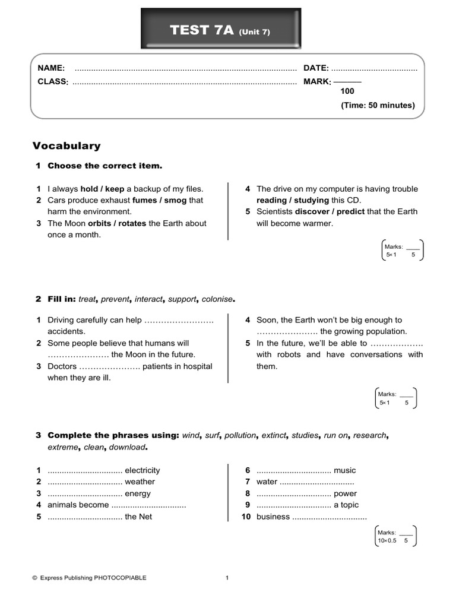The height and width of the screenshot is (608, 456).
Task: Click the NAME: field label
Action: (52, 69)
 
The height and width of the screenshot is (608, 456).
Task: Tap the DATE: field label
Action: (316, 69)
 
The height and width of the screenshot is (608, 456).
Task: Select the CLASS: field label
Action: (53, 81)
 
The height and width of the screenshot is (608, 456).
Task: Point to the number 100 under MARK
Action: (347, 91)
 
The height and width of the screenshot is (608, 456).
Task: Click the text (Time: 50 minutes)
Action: (378, 105)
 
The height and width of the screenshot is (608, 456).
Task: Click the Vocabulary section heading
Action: (66, 145)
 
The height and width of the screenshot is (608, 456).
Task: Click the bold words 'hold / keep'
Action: (102, 189)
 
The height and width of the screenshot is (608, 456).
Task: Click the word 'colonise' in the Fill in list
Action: (218, 299)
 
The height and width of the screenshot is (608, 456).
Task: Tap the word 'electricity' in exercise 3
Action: (142, 470)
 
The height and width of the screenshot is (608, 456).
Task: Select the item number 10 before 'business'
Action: (246, 517)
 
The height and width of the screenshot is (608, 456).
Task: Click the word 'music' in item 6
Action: (345, 470)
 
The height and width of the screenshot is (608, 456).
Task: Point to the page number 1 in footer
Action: (227, 577)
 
